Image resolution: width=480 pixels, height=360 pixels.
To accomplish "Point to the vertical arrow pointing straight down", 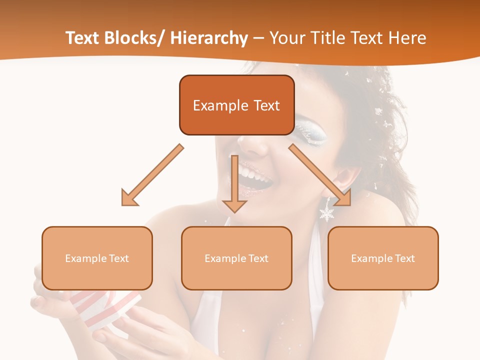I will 234,185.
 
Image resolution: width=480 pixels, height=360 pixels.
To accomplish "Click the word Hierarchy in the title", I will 209,38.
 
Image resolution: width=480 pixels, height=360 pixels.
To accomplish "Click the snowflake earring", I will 327,213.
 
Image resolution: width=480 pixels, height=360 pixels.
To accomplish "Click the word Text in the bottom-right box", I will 405,258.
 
